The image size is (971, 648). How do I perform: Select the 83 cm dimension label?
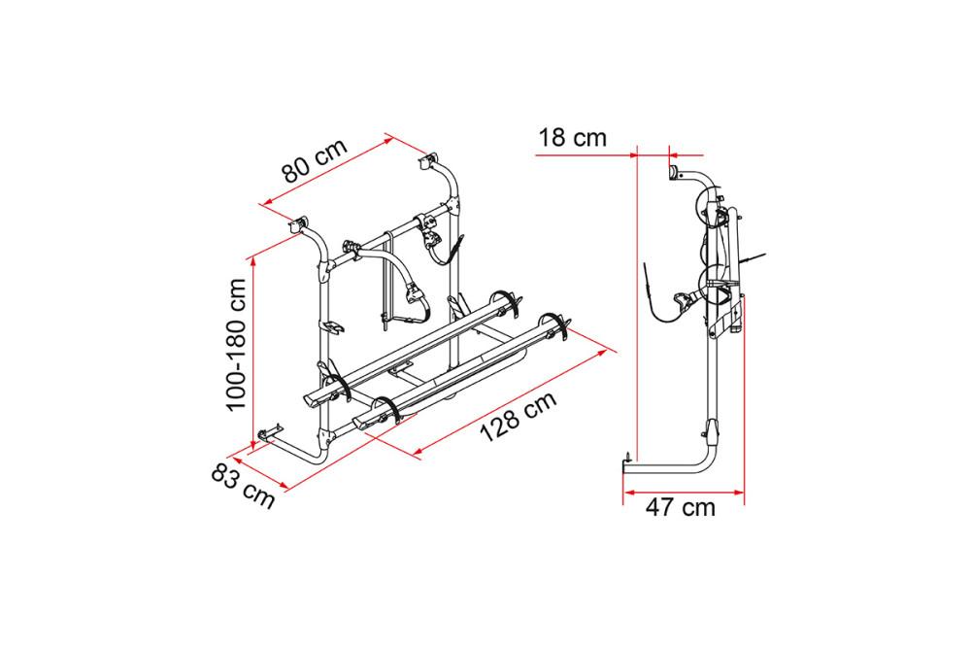click(243, 487)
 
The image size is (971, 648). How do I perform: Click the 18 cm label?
click(572, 137)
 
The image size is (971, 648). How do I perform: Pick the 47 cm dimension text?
click(680, 507)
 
